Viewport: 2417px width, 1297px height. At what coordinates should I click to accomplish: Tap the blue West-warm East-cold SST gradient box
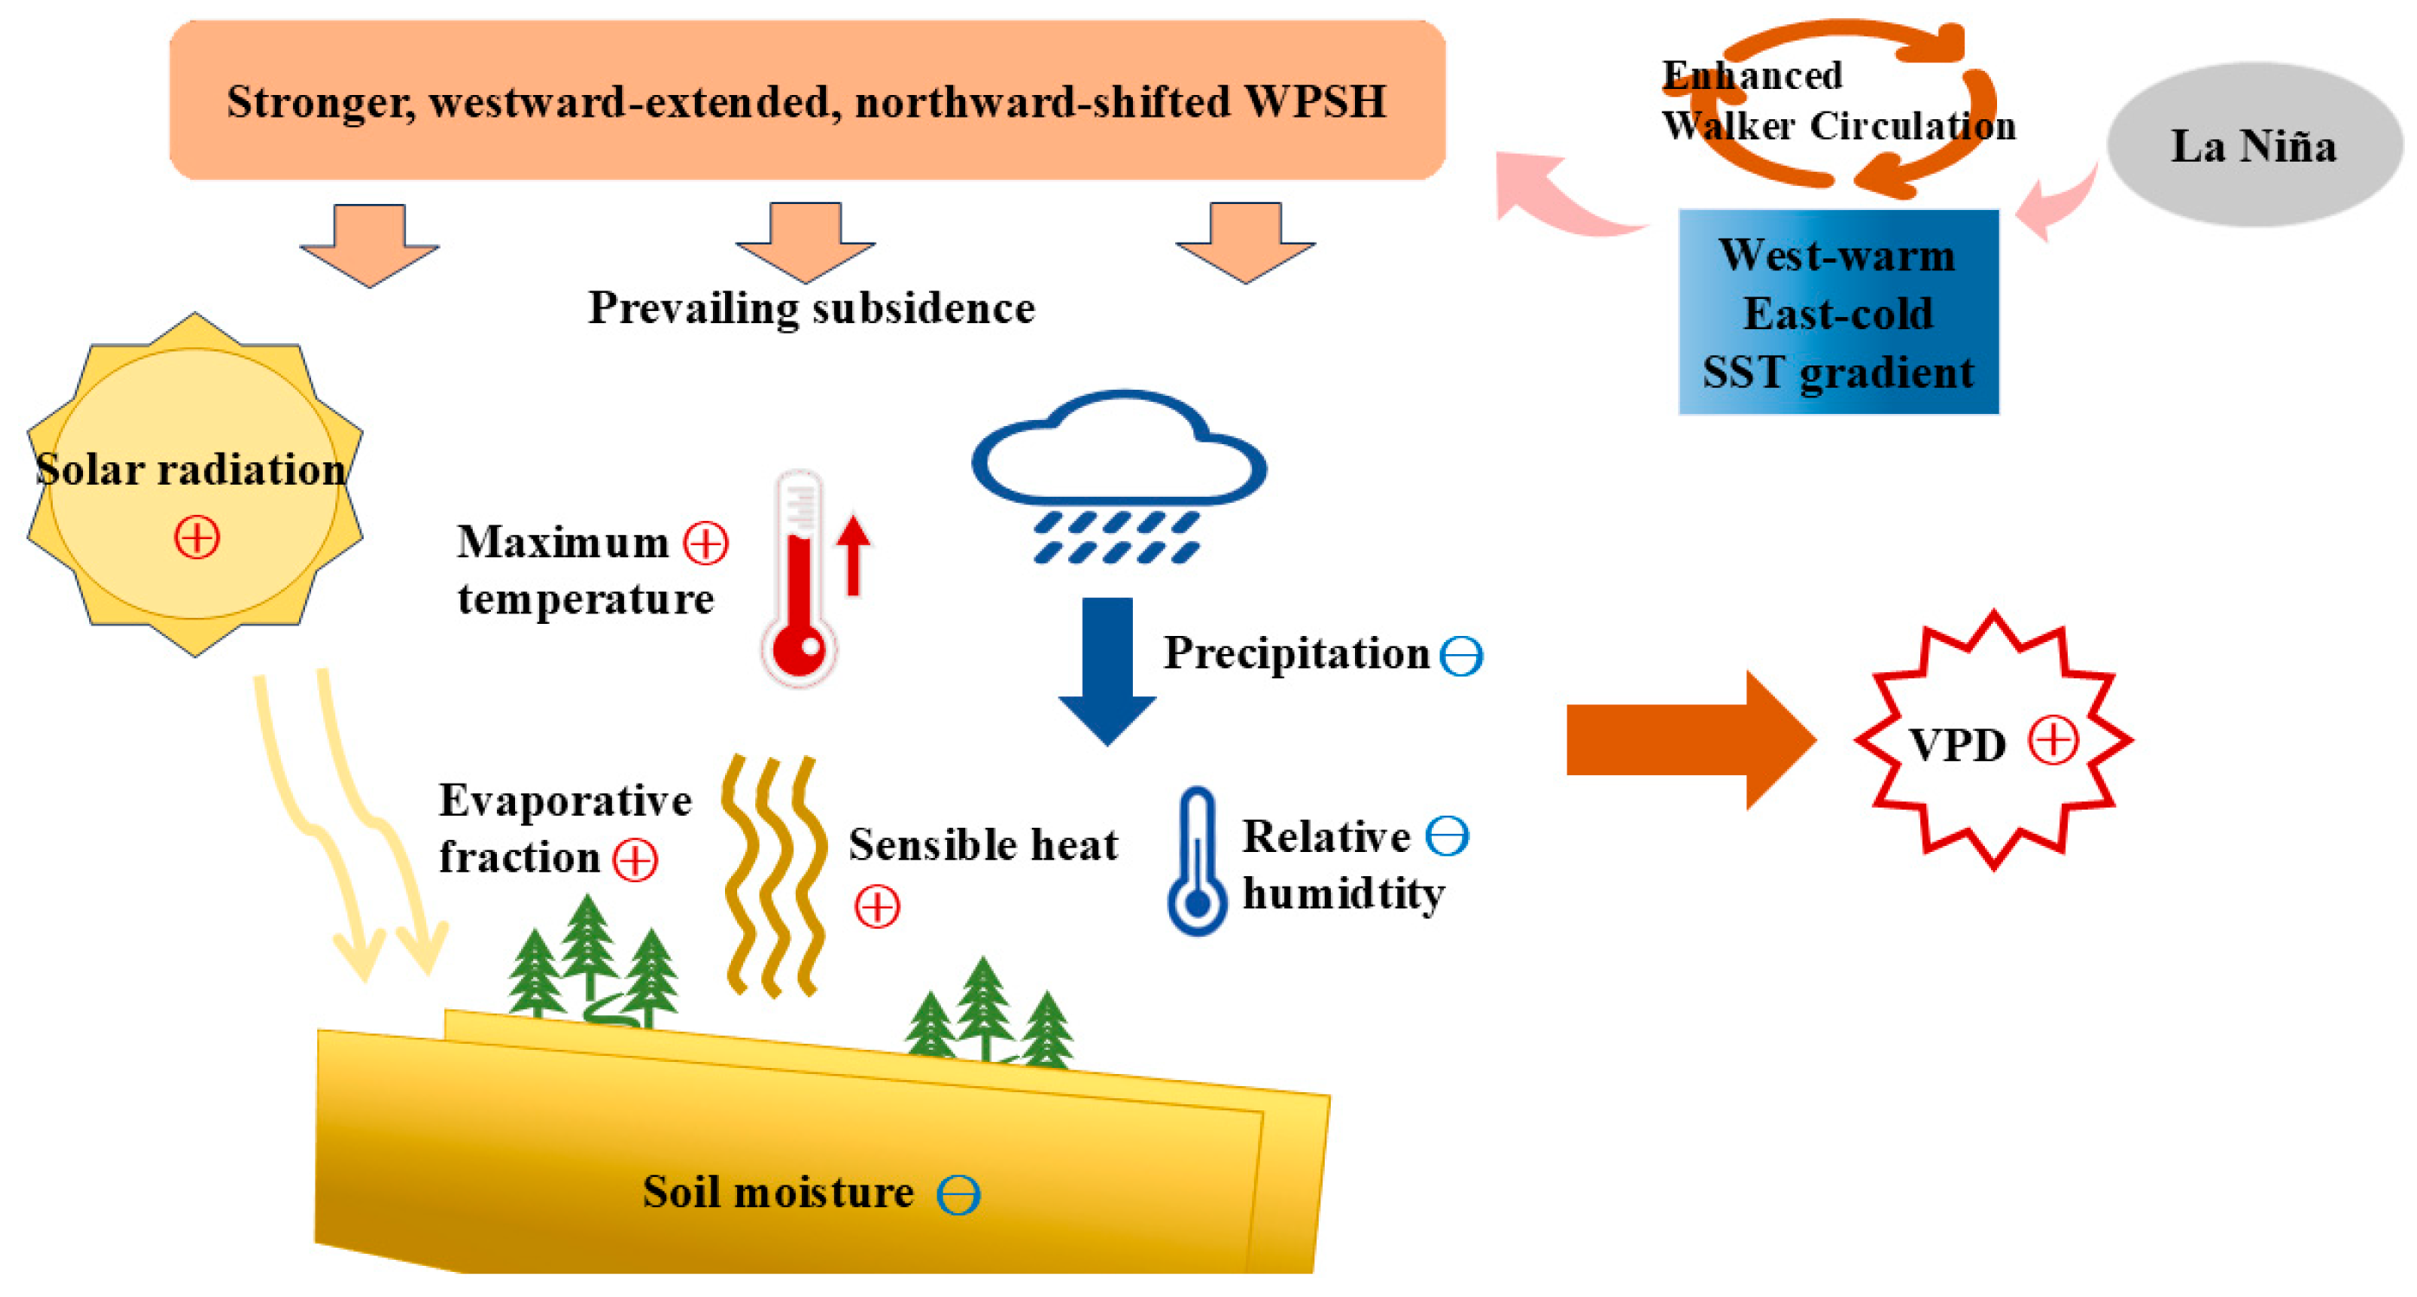pyautogui.click(x=1838, y=312)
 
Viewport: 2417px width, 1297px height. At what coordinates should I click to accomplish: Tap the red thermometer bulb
pyautogui.click(x=798, y=647)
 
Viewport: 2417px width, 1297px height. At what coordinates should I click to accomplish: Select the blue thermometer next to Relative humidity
pyautogui.click(x=1196, y=863)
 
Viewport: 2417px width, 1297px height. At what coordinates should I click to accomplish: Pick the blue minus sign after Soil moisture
pyautogui.click(x=958, y=1195)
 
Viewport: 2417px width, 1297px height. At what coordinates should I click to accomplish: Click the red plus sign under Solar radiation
pyautogui.click(x=197, y=537)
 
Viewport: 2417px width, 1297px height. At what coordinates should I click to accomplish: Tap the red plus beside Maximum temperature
pyautogui.click(x=706, y=544)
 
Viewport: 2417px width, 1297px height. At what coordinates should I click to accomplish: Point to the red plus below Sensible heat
pyautogui.click(x=877, y=906)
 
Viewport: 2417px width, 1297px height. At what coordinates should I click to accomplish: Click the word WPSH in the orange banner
pyautogui.click(x=1314, y=101)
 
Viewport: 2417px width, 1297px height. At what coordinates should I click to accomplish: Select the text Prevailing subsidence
pyautogui.click(x=811, y=308)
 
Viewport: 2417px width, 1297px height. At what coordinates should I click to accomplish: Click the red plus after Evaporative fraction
pyautogui.click(x=635, y=859)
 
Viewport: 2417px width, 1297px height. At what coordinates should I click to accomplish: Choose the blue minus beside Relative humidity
pyautogui.click(x=1447, y=835)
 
